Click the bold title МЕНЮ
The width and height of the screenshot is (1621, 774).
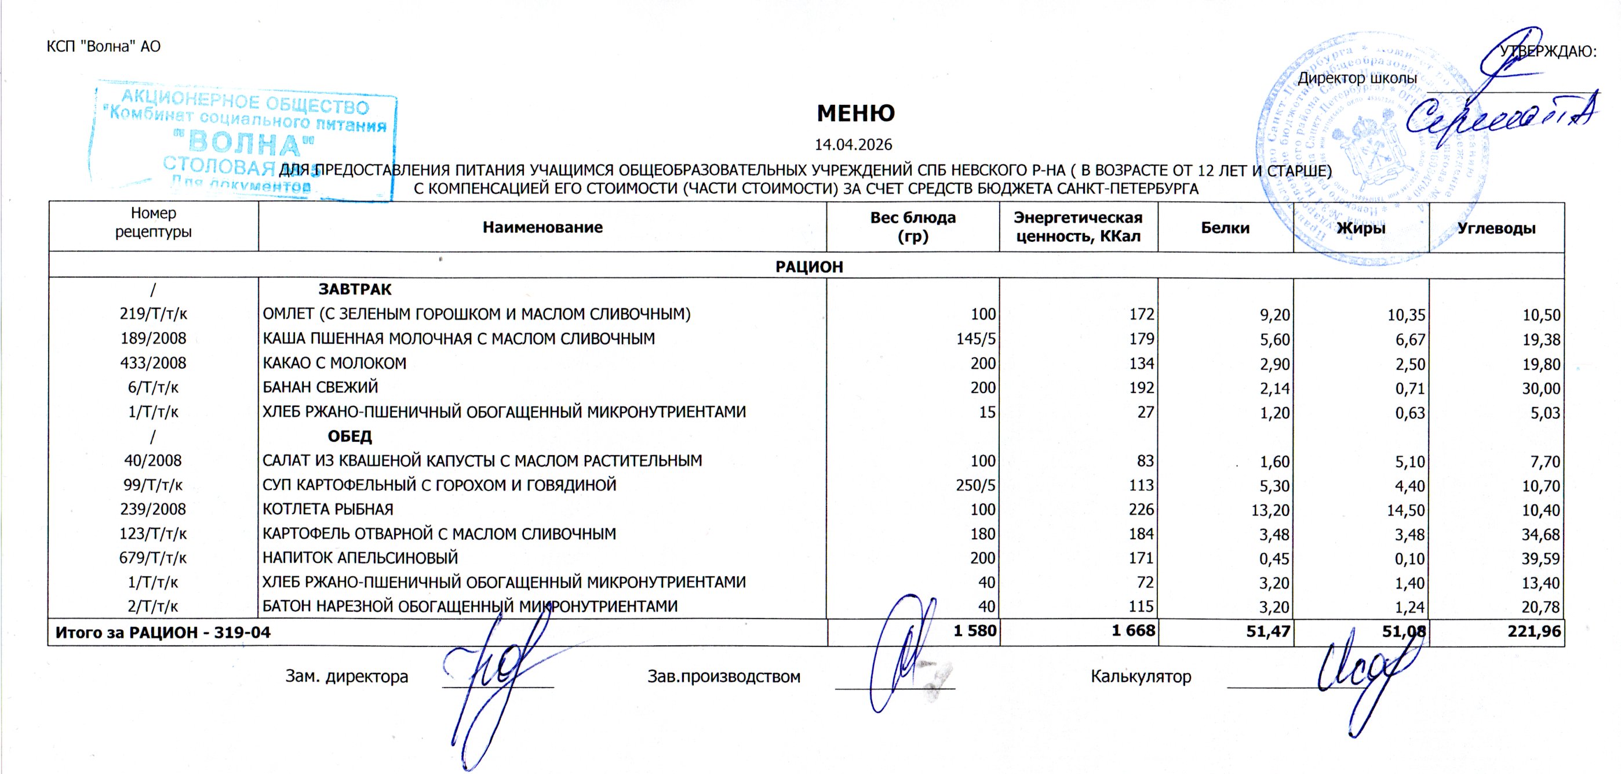pos(855,113)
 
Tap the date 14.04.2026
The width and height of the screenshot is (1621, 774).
pos(853,145)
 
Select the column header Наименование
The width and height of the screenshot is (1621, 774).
pos(542,227)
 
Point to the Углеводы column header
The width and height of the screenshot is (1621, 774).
pos(1496,228)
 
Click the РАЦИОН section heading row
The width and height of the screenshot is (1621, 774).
pos(808,266)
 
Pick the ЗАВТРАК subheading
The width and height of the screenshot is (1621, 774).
pos(355,289)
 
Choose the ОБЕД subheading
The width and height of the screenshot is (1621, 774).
pos(350,436)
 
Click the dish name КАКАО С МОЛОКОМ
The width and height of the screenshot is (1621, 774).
pos(334,363)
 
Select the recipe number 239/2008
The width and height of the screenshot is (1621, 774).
pos(153,509)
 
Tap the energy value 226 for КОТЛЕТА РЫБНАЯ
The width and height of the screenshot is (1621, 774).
pos(1141,510)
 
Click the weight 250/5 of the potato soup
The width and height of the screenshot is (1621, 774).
pos(975,485)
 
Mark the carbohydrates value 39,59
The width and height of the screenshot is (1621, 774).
pos(1540,559)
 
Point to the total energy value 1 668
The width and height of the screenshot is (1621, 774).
pos(1134,631)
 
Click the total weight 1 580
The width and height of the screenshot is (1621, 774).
pos(975,631)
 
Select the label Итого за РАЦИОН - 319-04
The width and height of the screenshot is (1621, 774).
pos(163,632)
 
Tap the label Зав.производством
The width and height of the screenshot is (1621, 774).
pos(724,677)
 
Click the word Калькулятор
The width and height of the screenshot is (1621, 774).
pos(1141,677)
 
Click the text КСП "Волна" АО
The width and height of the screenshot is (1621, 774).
pos(104,46)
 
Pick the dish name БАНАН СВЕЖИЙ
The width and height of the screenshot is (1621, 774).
pos(320,388)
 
